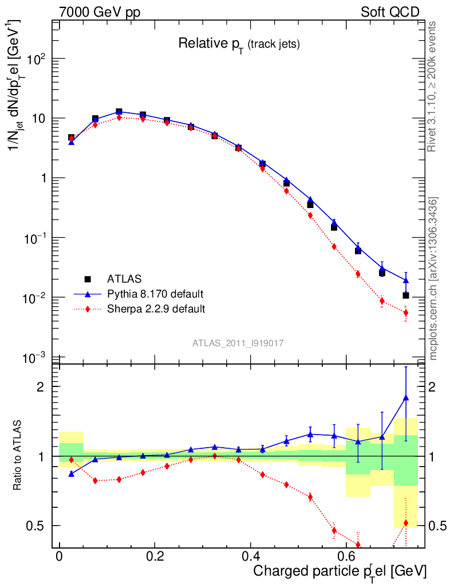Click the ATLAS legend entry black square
pyautogui.click(x=88, y=279)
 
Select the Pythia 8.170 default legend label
pyautogui.click(x=155, y=294)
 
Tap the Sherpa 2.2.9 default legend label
pyautogui.click(x=156, y=309)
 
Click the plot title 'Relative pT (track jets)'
pyautogui.click(x=239, y=44)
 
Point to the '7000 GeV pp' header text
pyautogui.click(x=100, y=13)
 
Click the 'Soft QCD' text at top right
pyautogui.click(x=390, y=13)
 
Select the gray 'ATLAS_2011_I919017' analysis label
pyautogui.click(x=238, y=343)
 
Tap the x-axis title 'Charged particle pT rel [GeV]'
pyautogui.click(x=340, y=572)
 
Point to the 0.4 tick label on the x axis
pyautogui.click(x=250, y=557)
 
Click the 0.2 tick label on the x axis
pyautogui.click(x=154, y=557)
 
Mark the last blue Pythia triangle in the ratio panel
pyautogui.click(x=406, y=397)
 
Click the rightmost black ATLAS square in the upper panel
pyautogui.click(x=406, y=295)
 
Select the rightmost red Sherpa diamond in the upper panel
pyautogui.click(x=406, y=312)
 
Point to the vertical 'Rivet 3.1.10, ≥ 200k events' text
pyautogui.click(x=432, y=86)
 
